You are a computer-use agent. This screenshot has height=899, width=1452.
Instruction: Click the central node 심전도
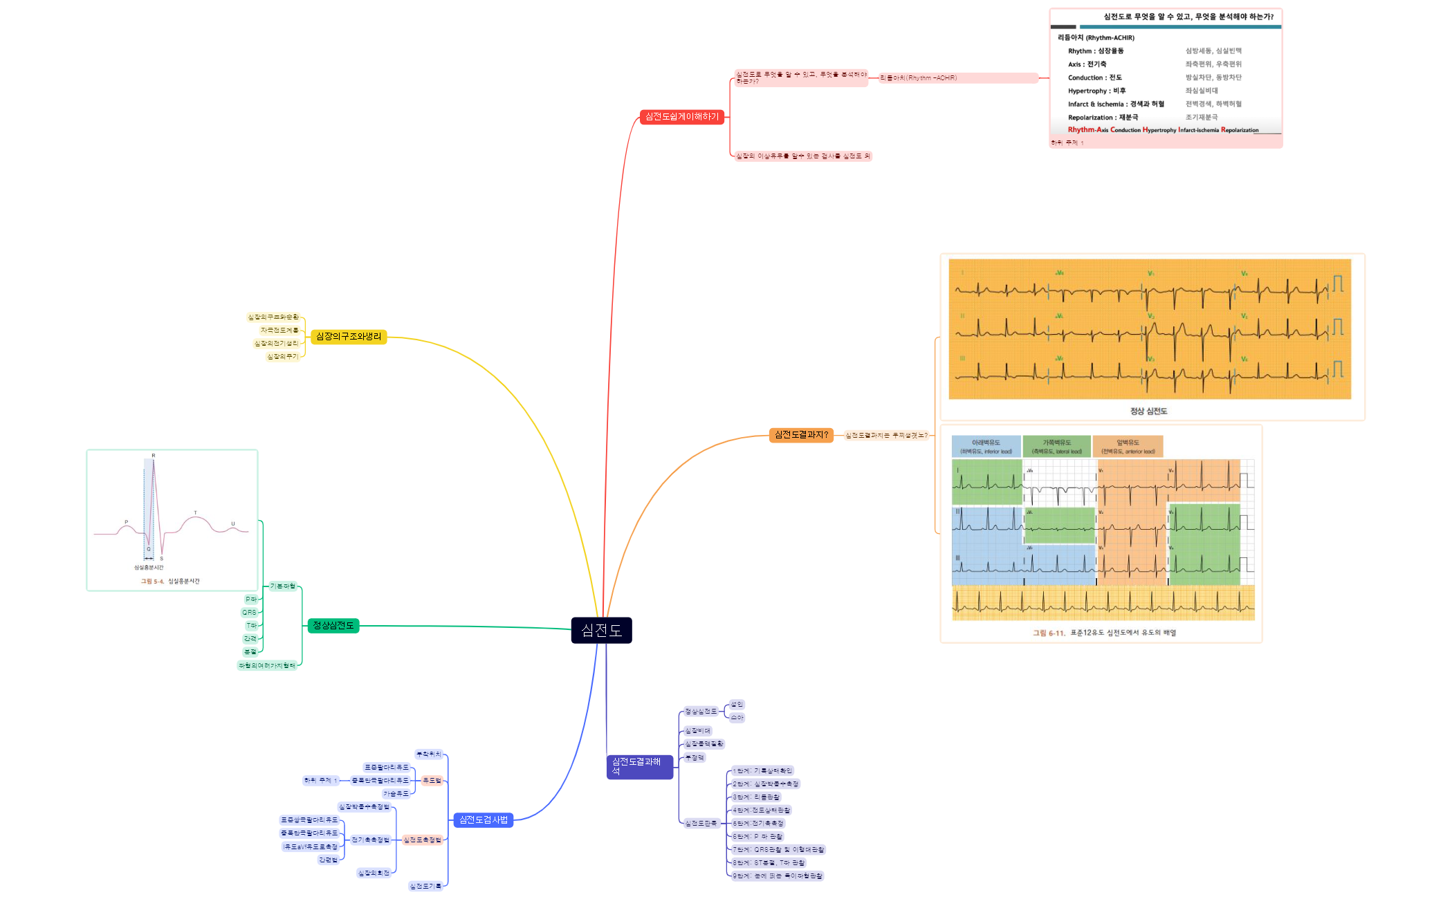601,630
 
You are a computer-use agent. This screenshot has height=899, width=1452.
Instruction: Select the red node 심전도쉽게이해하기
681,117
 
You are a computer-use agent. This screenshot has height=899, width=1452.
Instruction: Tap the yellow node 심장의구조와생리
348,337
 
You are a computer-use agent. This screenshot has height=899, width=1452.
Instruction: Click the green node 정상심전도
333,626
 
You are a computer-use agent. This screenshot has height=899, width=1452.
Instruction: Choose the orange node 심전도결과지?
800,435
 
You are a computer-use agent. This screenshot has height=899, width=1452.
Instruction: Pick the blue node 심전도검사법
483,820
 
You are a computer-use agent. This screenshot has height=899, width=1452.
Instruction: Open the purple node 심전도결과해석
639,766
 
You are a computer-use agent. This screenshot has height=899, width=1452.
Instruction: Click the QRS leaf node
249,613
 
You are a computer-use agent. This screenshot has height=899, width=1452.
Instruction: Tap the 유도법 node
432,781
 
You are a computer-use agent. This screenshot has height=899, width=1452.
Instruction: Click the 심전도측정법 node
422,840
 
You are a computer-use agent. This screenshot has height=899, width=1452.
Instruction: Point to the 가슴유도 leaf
396,794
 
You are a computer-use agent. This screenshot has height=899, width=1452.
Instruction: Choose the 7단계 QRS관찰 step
778,850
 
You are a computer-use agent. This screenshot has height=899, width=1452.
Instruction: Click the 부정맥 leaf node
694,758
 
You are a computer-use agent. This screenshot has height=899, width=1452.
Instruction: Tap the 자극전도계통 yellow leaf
279,331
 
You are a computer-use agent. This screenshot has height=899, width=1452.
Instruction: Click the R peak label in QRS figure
154,456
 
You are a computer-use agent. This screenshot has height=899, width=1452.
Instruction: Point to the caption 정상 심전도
1148,411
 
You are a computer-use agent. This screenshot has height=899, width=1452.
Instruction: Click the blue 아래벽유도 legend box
986,447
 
